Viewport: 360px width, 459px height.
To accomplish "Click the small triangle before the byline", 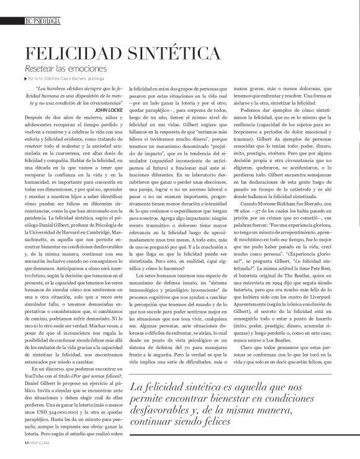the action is point(25,80).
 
